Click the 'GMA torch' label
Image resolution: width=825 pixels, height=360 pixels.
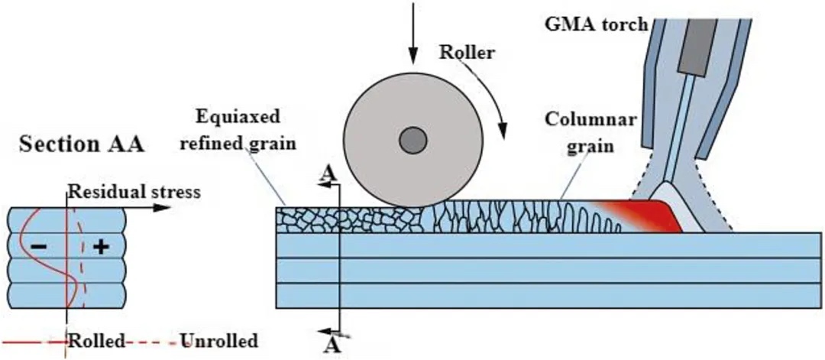(606, 23)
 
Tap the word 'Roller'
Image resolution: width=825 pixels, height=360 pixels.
(467, 54)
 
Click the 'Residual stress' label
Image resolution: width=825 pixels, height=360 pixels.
(134, 192)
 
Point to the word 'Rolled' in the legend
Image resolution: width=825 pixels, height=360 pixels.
(96, 340)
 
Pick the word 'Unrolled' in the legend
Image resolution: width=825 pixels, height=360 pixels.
(218, 340)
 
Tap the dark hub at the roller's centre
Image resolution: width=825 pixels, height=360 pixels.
(412, 140)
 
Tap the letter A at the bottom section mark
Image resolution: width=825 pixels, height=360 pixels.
(330, 345)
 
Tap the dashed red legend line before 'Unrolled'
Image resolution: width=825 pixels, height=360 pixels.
(153, 341)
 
